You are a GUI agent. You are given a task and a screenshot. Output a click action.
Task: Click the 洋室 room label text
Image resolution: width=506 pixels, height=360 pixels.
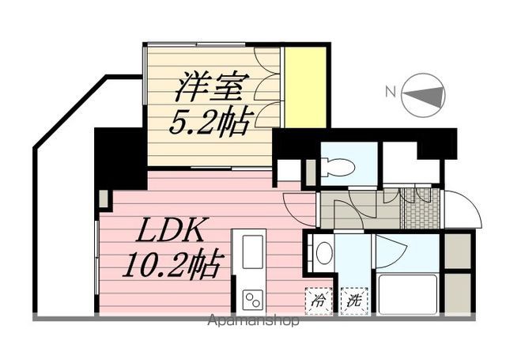coord(209,85)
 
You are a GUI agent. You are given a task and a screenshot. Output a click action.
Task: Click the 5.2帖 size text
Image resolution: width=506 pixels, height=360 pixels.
coord(209,120)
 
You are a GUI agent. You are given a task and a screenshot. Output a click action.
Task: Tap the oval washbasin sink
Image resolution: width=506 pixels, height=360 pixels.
coord(323,253)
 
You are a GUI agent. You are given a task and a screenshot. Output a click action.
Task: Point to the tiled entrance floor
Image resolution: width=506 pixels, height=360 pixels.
coord(416,210)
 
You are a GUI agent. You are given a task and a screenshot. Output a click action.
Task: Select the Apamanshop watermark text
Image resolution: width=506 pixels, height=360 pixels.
coord(254,322)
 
